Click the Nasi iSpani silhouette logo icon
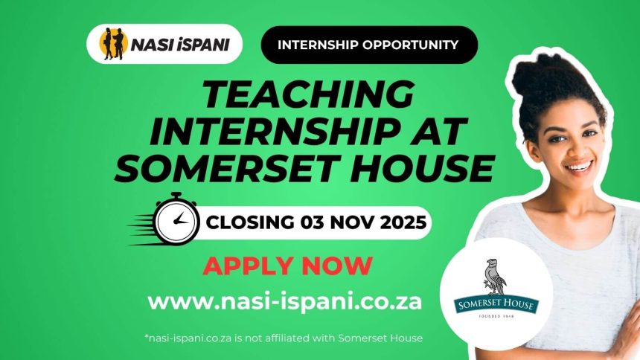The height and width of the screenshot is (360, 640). [113, 44]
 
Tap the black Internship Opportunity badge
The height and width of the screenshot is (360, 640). [369, 45]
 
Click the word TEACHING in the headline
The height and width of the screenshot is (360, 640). [309, 94]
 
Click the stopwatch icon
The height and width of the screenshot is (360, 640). [176, 219]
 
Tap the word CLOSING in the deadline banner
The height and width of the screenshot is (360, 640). [250, 222]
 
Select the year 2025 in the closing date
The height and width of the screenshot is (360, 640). [403, 222]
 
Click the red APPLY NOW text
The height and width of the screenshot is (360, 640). [288, 266]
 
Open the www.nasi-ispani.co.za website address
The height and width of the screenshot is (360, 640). [284, 302]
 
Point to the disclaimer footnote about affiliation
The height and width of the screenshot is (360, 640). [284, 338]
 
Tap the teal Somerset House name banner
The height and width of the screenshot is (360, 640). [496, 304]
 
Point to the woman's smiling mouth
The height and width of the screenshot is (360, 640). [580, 166]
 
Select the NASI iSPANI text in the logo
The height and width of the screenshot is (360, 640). [180, 45]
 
